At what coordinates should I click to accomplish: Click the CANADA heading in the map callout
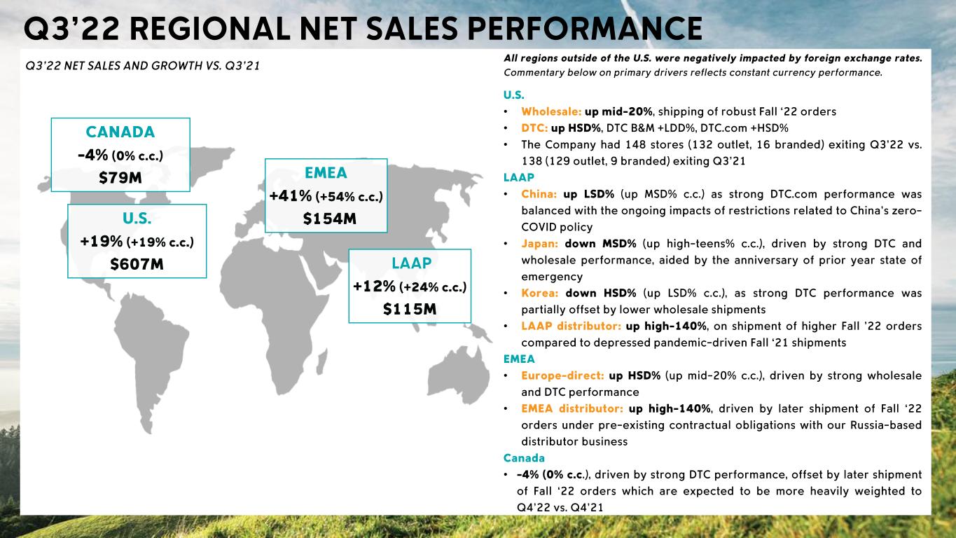click(x=120, y=132)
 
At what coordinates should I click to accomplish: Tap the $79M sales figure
click(x=120, y=178)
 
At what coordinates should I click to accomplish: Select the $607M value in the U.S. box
click(x=137, y=264)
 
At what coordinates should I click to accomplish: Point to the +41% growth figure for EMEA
click(x=291, y=196)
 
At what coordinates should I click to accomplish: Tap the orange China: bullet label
click(x=539, y=194)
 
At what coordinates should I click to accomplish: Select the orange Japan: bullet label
click(x=540, y=244)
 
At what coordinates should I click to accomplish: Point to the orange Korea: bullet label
click(x=540, y=293)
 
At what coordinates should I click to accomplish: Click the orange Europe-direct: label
click(x=562, y=375)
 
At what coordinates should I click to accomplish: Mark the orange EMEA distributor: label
click(x=571, y=408)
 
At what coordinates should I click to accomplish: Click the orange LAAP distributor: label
click(x=570, y=326)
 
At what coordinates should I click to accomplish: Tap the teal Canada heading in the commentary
click(x=524, y=457)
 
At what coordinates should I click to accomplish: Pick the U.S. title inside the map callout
click(x=137, y=218)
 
